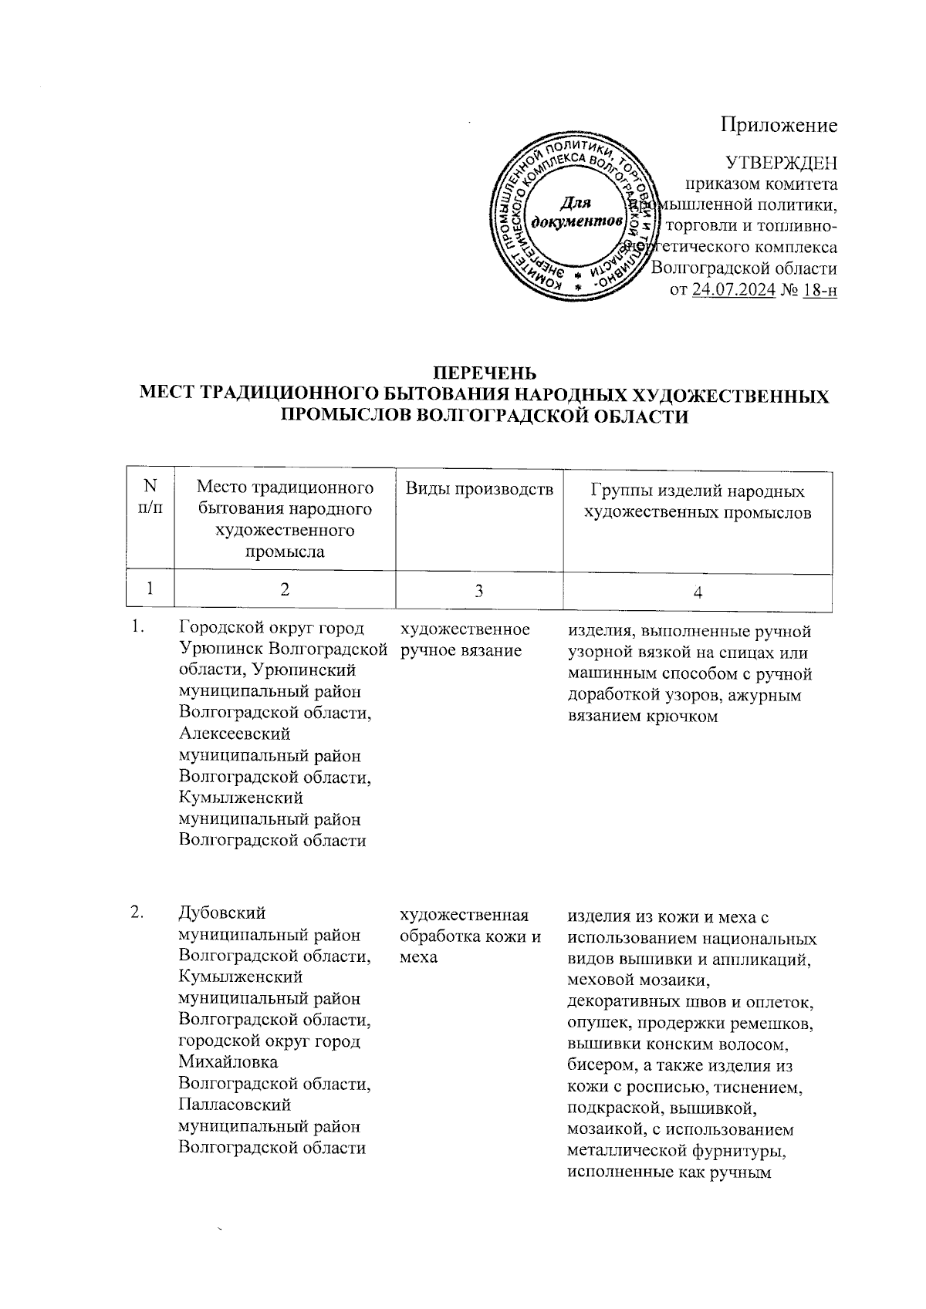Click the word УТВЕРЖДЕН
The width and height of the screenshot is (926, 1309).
(x=782, y=164)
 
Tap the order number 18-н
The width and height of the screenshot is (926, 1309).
(x=820, y=291)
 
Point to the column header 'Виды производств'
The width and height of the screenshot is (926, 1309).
(x=479, y=489)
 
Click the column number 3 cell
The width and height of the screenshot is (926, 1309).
(x=479, y=591)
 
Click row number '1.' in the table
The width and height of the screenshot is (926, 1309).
(x=138, y=628)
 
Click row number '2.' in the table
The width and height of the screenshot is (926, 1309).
(x=138, y=914)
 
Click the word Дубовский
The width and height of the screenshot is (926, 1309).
(x=221, y=914)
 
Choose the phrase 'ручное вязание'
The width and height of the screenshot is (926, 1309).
(x=461, y=651)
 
